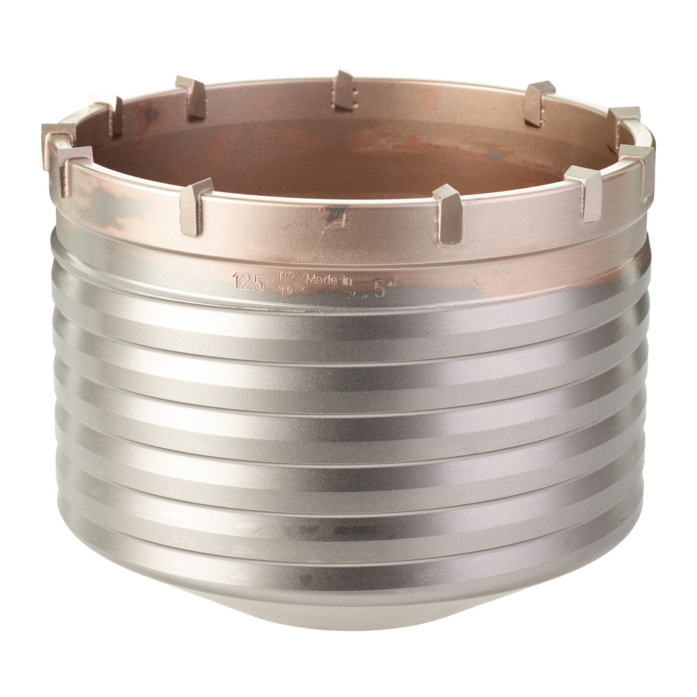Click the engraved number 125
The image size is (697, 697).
tap(248, 282)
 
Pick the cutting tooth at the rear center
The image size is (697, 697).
tap(344, 90)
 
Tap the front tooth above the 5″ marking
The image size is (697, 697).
tap(447, 213)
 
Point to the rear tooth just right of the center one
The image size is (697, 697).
tap(538, 102)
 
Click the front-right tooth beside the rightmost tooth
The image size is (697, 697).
tap(585, 192)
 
